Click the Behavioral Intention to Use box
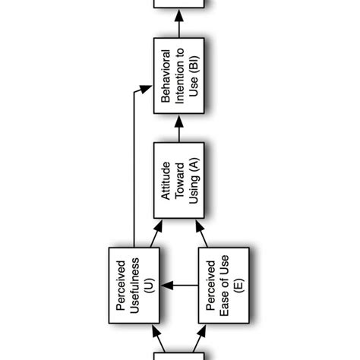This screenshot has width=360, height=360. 179,79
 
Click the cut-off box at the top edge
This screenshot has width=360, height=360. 179,4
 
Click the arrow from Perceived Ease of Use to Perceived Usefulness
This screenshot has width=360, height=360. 179,286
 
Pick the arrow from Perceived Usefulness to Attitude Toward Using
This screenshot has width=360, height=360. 156,235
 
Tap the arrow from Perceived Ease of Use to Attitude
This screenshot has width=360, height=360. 202,235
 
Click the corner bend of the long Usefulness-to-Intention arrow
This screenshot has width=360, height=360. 134,93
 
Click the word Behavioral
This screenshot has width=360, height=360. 165,79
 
